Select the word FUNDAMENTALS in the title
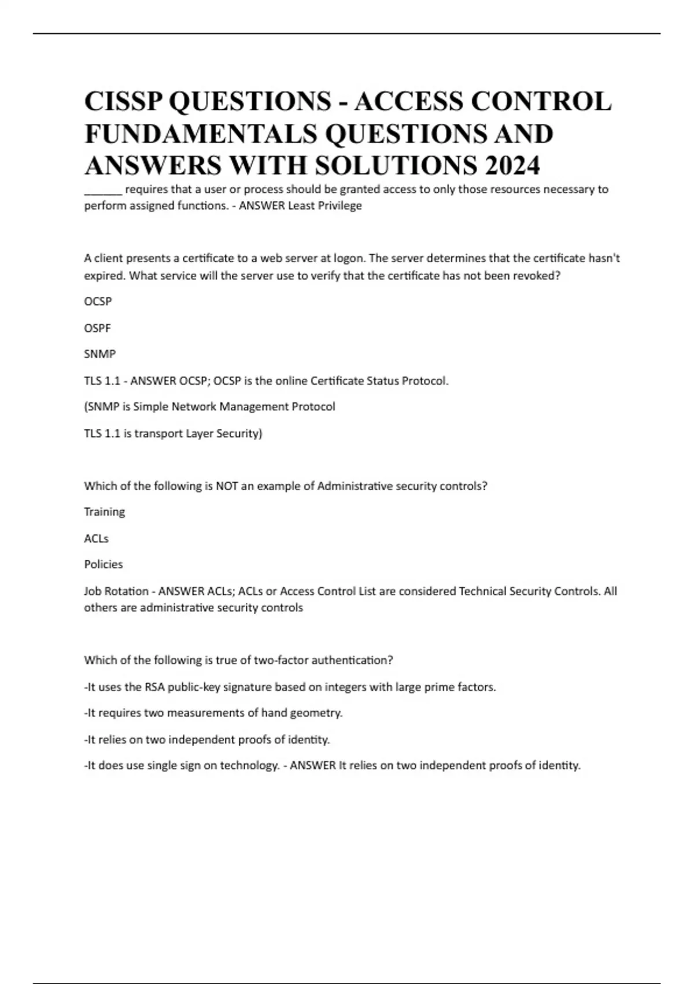point(201,134)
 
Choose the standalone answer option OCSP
point(98,302)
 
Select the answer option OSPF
point(97,328)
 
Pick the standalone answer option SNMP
point(99,354)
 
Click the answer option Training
point(104,512)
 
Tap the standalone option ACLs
point(96,538)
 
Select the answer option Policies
point(104,564)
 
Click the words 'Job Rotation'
point(116,591)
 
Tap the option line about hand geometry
point(213,713)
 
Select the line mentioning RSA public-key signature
point(290,687)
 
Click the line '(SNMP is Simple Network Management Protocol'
point(209,407)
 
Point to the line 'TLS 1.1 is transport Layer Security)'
point(173,434)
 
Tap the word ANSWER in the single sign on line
point(313,765)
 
